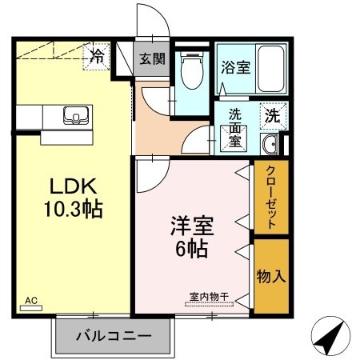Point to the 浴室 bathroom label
[x=236, y=67]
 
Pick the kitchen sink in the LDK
[x=77, y=117]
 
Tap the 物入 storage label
[x=270, y=276]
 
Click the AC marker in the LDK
[x=31, y=301]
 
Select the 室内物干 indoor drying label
[x=209, y=297]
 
